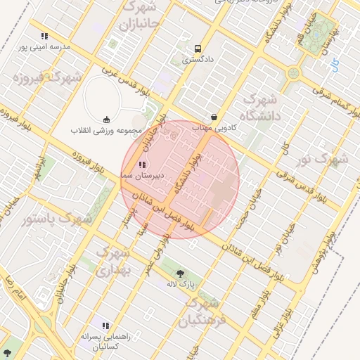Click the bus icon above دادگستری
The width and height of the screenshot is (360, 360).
[x=198, y=49]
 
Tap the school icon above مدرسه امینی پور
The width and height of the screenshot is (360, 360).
[x=44, y=35]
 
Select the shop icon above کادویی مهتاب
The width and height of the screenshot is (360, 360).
[x=214, y=117]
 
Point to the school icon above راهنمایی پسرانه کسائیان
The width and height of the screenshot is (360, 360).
[x=105, y=326]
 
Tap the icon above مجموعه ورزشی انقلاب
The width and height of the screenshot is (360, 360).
[x=106, y=119]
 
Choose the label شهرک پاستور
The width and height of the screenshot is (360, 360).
[x=57, y=219]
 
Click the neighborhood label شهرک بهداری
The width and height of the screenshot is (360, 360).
[x=112, y=260]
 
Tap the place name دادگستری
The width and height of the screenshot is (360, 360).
[x=197, y=60]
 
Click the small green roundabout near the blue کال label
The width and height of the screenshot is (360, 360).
[x=294, y=72]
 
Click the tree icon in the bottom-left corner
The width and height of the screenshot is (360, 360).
[x=8, y=352]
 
